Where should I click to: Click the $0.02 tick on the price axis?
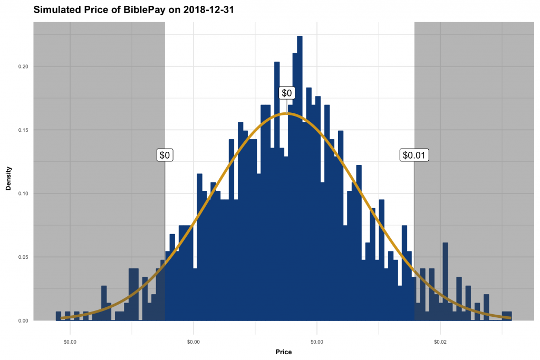point(440,342)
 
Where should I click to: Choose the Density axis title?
point(8,178)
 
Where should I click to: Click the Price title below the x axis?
point(283,352)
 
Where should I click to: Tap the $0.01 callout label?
point(414,155)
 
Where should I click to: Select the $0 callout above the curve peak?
point(287,93)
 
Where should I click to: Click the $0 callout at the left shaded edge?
point(165,155)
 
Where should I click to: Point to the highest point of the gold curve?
point(287,113)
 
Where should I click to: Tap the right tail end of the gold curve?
point(509,318)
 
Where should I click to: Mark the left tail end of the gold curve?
point(62,318)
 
